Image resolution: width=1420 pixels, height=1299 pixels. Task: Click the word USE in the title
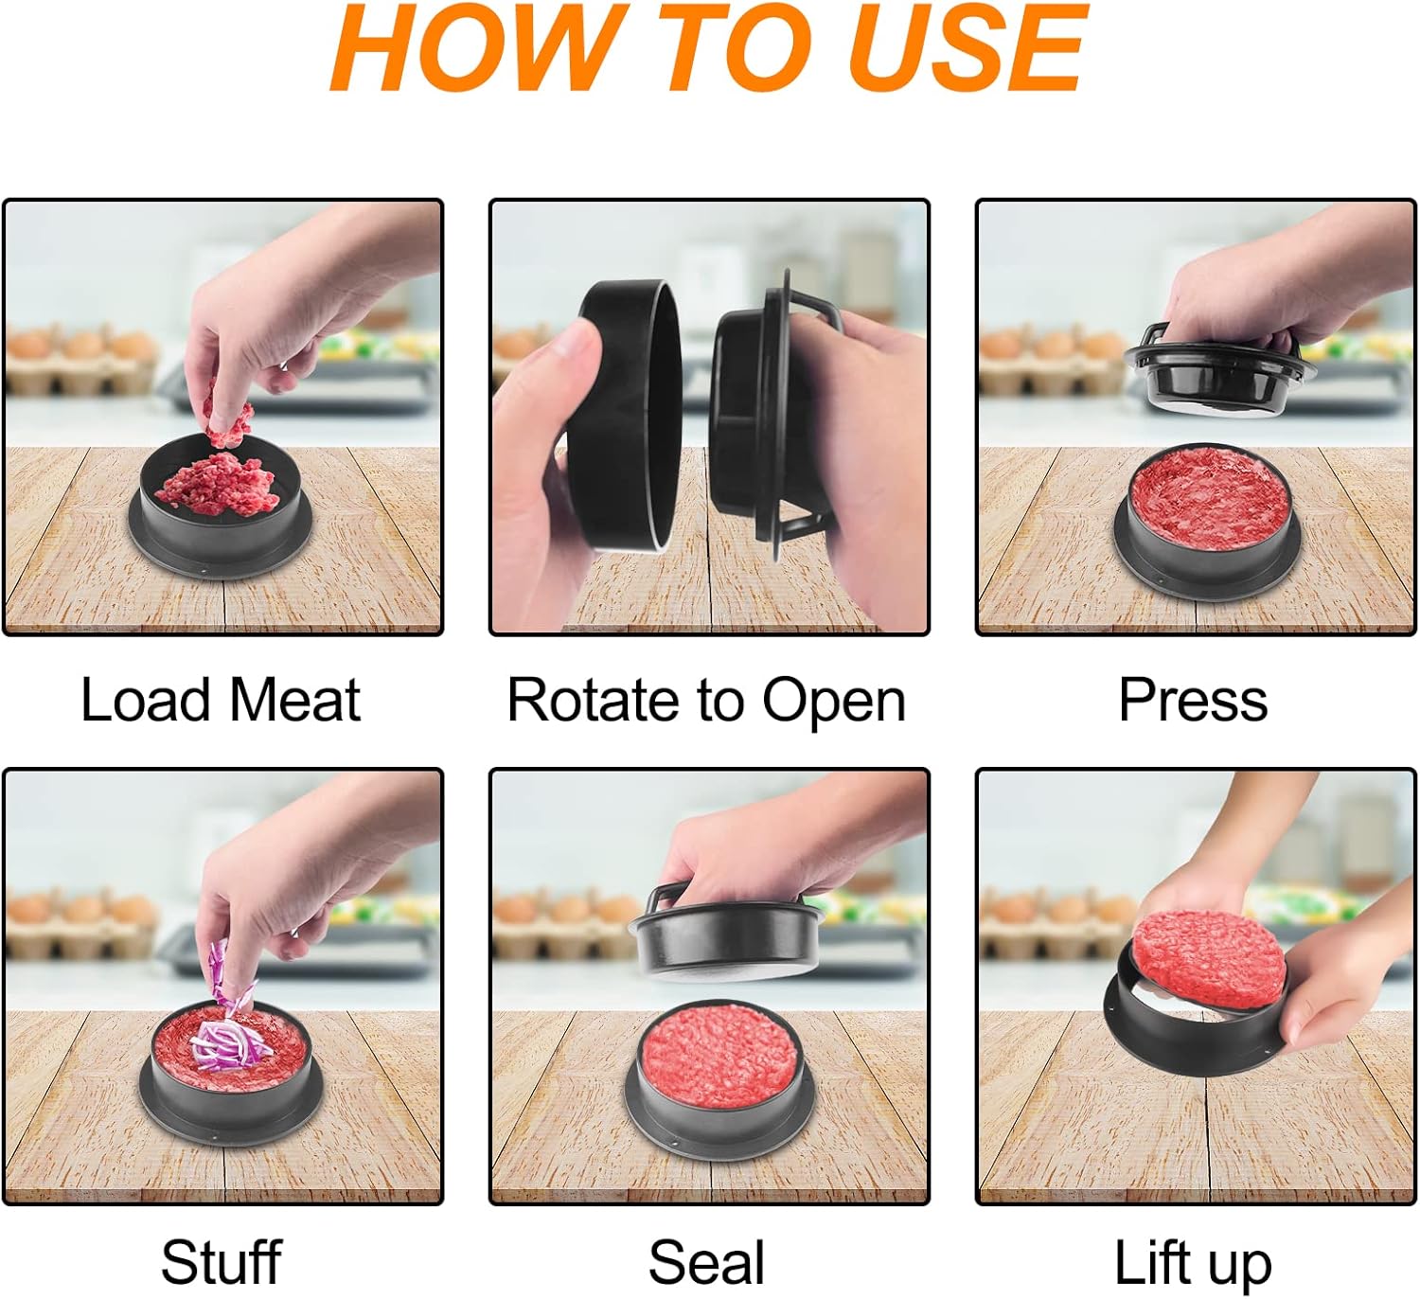pyautogui.click(x=968, y=48)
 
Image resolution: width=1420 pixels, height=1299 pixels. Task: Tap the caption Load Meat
pyautogui.click(x=221, y=700)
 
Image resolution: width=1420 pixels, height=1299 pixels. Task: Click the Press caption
pyautogui.click(x=1194, y=700)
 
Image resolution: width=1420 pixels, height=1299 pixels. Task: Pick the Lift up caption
pyautogui.click(x=1194, y=1264)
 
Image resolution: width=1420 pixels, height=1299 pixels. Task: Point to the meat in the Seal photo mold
pyautogui.click(x=719, y=1056)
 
